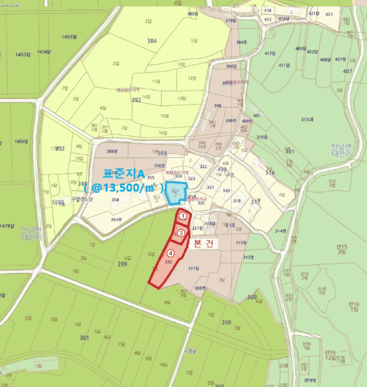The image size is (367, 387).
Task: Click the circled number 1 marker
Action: click(182, 216)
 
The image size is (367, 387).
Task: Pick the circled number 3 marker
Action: click(181, 233)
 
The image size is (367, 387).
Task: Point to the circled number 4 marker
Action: click(170, 253)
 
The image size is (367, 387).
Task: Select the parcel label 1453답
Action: click(23, 54)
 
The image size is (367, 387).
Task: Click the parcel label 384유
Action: click(241, 42)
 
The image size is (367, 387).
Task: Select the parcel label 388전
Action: click(112, 151)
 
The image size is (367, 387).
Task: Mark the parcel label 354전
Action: click(116, 219)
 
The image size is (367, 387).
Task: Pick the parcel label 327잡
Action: click(197, 228)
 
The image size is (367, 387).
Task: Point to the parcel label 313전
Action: click(240, 243)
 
